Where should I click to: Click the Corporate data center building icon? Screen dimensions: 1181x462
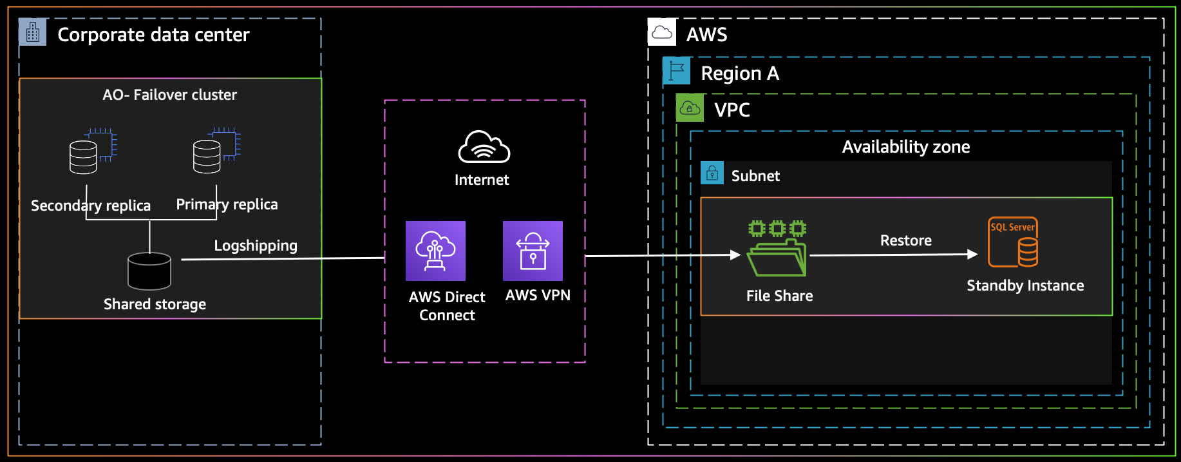point(33,32)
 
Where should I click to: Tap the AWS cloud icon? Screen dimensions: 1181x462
point(662,32)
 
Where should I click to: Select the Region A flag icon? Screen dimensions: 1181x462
point(677,71)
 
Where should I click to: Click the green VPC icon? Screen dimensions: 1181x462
point(690,108)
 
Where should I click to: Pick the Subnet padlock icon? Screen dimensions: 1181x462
point(712,173)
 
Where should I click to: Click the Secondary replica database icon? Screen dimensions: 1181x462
point(93,151)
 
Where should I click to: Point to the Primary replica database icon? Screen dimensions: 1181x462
point(216,151)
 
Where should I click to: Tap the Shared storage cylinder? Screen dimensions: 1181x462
point(149,271)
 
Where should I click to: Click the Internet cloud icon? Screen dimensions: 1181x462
point(484,147)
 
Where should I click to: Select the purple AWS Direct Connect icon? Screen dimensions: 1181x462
point(435,251)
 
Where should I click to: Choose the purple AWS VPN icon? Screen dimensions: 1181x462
point(533,251)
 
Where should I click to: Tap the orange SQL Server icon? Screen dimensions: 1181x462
point(1013,242)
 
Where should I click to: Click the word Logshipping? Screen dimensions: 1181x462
point(256,245)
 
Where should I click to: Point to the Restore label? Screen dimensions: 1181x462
point(906,240)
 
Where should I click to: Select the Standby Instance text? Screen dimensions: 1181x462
point(1025,285)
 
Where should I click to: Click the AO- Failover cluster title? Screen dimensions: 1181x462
point(170,95)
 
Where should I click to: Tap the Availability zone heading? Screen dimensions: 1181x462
point(906,147)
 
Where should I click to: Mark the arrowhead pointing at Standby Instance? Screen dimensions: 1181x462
point(973,255)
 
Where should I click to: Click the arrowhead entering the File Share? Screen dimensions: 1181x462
point(736,255)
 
